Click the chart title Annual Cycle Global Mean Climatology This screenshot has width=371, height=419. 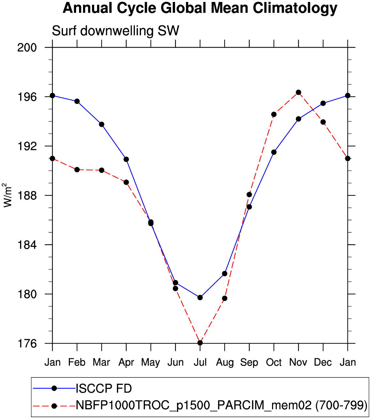point(200,8)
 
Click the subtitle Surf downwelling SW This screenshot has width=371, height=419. point(116,31)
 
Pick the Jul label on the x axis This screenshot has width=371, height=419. point(200,362)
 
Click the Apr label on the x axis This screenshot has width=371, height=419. point(126,362)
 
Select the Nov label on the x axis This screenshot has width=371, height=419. point(298,362)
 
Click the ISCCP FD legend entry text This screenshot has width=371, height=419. point(104,389)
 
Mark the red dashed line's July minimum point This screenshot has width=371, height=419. point(200,343)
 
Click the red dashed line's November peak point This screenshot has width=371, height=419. point(298,92)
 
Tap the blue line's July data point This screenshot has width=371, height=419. point(200,297)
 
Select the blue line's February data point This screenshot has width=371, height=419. point(77,101)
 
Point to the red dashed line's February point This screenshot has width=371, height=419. point(77,170)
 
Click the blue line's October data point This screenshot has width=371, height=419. point(274,152)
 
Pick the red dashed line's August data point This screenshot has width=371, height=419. point(225,298)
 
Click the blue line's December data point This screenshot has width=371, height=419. point(323,103)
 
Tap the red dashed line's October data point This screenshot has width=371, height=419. point(274,114)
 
